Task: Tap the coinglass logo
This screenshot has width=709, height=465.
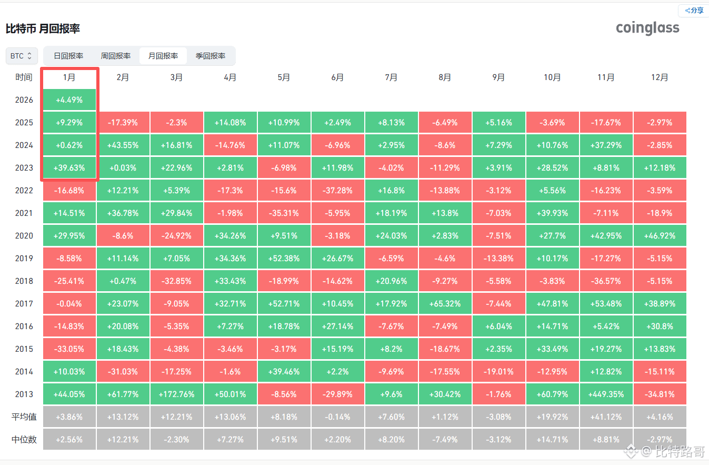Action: click(647, 28)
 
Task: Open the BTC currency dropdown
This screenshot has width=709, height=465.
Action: click(22, 55)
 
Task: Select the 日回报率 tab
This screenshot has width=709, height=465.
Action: click(68, 56)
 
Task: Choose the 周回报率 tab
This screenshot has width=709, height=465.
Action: click(116, 56)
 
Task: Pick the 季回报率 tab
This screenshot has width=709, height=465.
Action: click(211, 56)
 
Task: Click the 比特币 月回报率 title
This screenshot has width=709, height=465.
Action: click(43, 28)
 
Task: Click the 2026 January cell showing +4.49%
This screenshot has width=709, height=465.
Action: click(69, 100)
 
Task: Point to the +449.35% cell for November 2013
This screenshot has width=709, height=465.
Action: click(606, 394)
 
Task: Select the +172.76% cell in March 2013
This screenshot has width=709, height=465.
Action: click(176, 394)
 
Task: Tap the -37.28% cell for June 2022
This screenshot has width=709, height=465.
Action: click(337, 191)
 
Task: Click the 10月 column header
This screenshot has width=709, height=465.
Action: click(552, 77)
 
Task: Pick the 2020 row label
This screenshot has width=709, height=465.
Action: click(24, 236)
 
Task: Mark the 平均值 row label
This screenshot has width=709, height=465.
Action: click(24, 417)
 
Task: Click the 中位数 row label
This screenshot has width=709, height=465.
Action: click(24, 440)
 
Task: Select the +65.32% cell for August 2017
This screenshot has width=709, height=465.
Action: click(445, 304)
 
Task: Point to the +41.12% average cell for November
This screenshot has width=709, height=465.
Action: click(606, 417)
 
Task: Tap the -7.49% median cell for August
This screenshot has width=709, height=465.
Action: click(445, 440)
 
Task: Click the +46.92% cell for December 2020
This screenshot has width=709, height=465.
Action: click(660, 236)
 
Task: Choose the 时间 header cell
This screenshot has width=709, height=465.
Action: click(24, 77)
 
